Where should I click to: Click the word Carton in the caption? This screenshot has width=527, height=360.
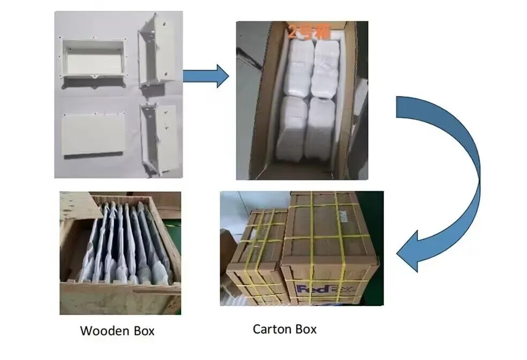point(272,328)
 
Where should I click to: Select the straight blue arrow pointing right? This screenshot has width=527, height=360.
point(206,75)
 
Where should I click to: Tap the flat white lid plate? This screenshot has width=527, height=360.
point(92,134)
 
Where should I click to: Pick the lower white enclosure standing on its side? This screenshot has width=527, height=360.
point(157,137)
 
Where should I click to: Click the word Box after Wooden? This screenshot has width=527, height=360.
point(142,331)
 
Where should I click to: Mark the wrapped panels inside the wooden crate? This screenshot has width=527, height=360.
point(129,241)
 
